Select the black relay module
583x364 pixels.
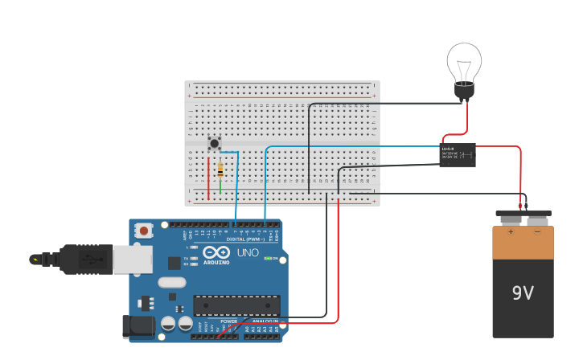457,153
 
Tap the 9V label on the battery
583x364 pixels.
523,293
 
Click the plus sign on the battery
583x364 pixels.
510,232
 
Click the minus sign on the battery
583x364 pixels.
537,232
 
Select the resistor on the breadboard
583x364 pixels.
220,170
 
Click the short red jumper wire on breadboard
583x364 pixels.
208,178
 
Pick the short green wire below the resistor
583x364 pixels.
220,188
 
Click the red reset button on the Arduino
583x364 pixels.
144,231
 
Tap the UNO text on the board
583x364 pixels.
248,252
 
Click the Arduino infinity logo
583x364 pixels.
216,252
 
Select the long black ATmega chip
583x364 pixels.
236,305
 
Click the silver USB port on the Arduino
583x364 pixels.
132,260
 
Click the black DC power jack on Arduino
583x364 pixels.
137,325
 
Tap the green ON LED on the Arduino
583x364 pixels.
268,259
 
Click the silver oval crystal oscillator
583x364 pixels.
172,282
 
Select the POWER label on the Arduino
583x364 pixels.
229,321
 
